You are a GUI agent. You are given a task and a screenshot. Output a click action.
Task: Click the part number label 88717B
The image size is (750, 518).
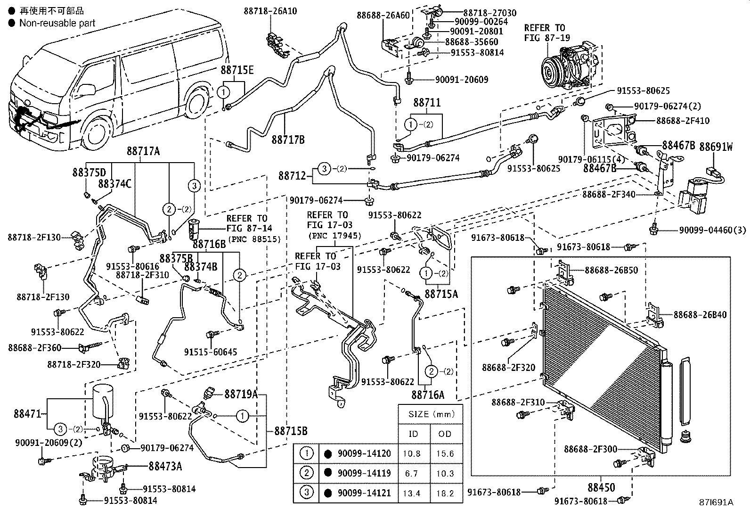pos(288,140)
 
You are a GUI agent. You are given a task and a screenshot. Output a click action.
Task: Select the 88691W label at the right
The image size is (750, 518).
pos(716,147)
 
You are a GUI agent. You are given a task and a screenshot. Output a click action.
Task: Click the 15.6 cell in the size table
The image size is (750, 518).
pos(445,453)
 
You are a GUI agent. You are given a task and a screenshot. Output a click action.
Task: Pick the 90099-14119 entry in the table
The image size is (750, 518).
pos(364,473)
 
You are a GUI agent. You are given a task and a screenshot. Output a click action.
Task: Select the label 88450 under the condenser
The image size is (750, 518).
pos(601,487)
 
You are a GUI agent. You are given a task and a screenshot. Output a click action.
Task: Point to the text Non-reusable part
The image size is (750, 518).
pos(57,23)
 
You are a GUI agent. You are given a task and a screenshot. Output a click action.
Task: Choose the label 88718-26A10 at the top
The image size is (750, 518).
pos(270,10)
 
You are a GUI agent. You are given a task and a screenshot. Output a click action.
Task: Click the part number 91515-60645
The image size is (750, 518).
pos(210,352)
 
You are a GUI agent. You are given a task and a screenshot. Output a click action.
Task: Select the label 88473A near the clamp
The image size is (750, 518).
pos(165,466)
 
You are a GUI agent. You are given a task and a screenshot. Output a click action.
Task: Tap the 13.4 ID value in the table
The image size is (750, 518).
pos(412,493)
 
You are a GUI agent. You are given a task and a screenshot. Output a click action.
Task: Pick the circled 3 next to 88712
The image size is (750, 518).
pos(324,168)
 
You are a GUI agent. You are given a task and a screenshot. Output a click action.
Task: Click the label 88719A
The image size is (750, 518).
pos(241,394)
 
